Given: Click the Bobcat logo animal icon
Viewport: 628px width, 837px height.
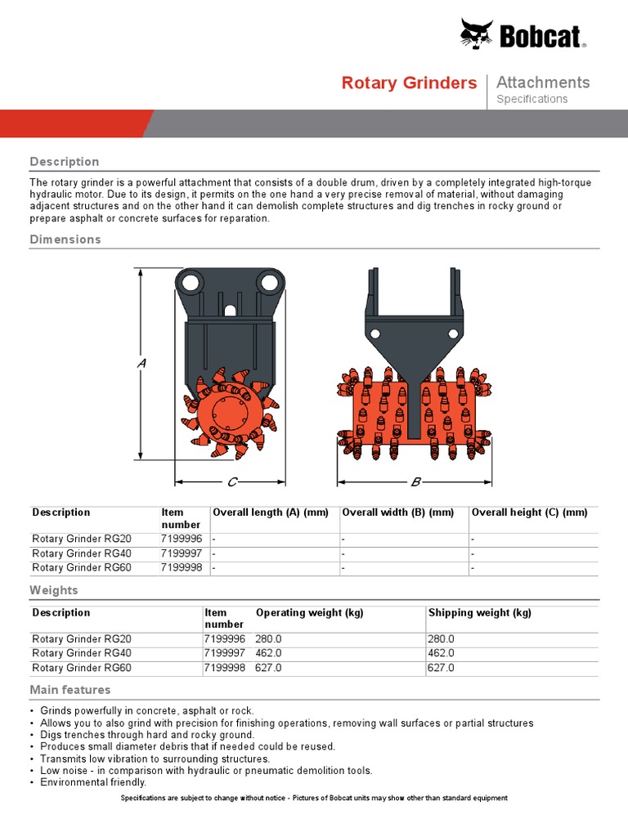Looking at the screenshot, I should [477, 34].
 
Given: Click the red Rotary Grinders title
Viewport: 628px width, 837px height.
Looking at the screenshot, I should [409, 83].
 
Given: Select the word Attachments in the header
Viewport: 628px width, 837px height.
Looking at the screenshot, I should [543, 82].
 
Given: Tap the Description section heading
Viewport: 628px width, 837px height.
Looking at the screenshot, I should [65, 162].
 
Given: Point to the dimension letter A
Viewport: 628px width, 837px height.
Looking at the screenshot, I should [141, 362].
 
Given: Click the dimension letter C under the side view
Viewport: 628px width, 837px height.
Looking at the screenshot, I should [231, 482].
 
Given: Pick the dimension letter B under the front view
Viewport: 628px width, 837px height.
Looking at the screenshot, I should [415, 482].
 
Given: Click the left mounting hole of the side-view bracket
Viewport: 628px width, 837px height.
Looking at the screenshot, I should [191, 282].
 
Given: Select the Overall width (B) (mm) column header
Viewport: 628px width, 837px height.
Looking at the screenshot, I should [397, 512].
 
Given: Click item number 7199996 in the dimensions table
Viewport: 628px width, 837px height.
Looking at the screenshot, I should [182, 539].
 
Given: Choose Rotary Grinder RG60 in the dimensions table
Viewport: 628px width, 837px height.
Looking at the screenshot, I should [82, 567].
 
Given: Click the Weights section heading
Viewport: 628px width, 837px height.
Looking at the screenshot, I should [54, 590].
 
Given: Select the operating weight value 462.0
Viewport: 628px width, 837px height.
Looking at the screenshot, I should [269, 654].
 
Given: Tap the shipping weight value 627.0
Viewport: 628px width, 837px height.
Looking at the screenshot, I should [441, 668].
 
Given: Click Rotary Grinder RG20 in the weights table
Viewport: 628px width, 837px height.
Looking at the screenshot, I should [82, 639].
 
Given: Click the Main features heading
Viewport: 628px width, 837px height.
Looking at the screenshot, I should [70, 690].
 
